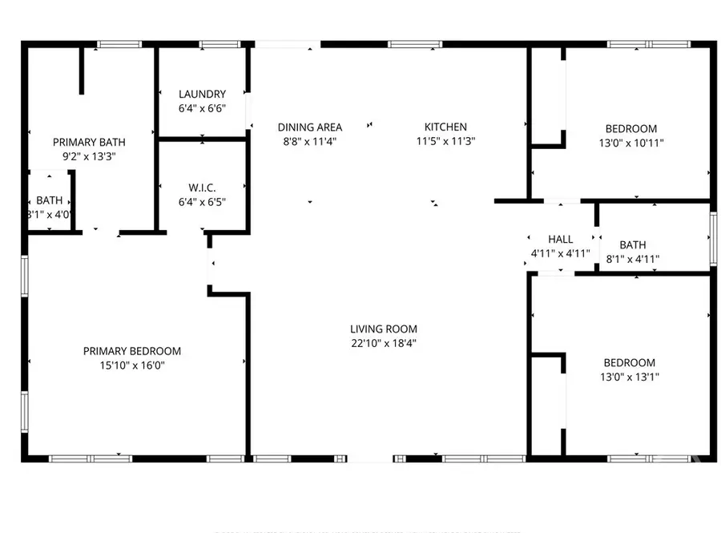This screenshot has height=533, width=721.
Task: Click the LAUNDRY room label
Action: point(202,94)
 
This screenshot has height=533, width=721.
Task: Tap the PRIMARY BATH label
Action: point(89,142)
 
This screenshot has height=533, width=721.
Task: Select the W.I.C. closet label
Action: point(202,188)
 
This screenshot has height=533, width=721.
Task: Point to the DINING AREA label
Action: point(310,127)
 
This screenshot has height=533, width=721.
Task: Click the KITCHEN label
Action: point(445,127)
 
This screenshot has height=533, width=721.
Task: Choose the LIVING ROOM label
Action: point(384,329)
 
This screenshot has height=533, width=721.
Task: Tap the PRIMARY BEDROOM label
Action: point(132,351)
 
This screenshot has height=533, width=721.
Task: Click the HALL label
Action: point(561,239)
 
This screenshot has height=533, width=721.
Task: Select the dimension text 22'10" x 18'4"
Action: point(384,343)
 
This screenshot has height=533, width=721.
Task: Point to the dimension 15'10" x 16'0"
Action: point(132,365)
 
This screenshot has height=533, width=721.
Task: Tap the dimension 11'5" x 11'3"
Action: point(445,141)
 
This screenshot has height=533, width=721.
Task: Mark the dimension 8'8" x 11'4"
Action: point(310,141)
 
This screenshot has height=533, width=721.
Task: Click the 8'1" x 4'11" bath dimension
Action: point(633,259)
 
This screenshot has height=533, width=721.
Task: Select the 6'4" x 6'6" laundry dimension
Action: point(202,108)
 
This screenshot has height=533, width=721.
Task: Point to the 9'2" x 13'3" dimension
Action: point(89,156)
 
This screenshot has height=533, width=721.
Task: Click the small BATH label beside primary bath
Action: point(50,200)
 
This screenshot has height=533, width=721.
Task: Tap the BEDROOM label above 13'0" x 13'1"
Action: point(630,362)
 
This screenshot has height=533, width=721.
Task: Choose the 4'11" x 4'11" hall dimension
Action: point(561,253)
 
